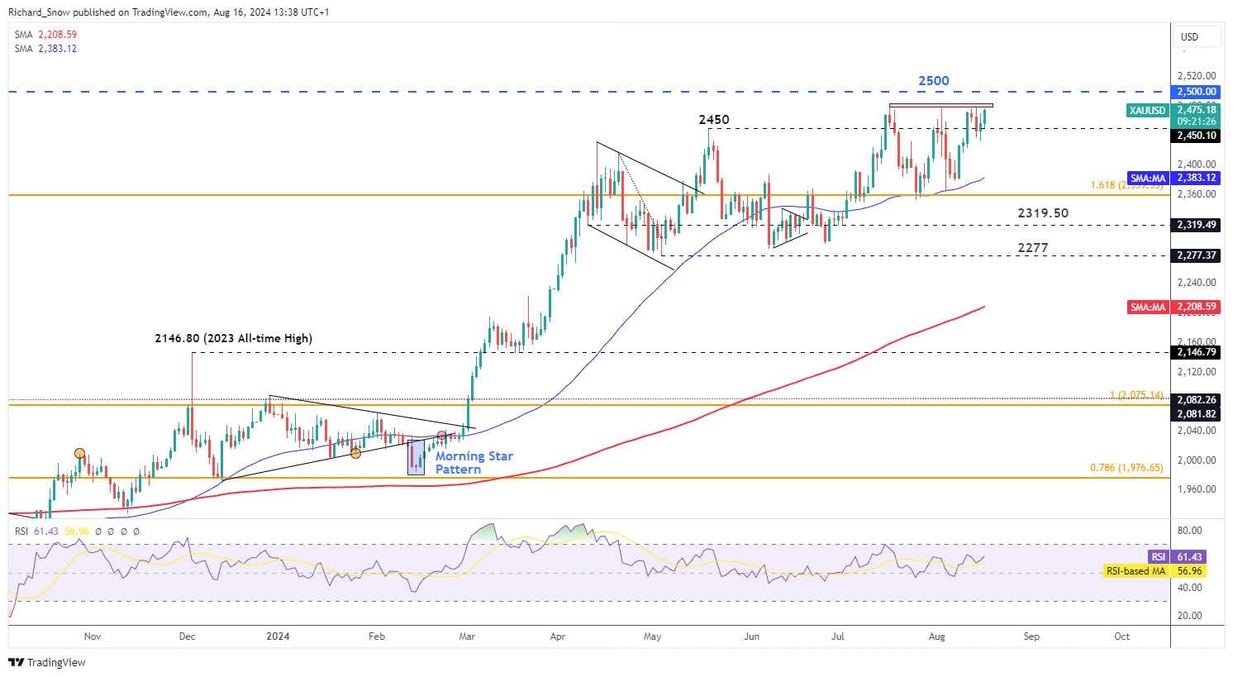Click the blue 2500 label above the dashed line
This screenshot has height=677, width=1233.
pyautogui.click(x=933, y=81)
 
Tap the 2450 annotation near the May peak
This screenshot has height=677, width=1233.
pyautogui.click(x=713, y=120)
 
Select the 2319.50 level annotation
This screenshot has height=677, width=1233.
pyautogui.click(x=1042, y=213)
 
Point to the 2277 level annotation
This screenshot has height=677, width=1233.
pyautogui.click(x=1032, y=248)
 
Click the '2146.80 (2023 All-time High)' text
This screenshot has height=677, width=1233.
pyautogui.click(x=233, y=338)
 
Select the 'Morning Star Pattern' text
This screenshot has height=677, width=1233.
pyautogui.click(x=474, y=463)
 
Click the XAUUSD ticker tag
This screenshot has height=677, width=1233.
pyautogui.click(x=1148, y=111)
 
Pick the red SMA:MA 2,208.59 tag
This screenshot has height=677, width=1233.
pyautogui.click(x=1148, y=308)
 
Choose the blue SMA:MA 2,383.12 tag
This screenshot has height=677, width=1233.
pyautogui.click(x=1148, y=179)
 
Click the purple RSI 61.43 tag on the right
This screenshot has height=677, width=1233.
pyautogui.click(x=1158, y=557)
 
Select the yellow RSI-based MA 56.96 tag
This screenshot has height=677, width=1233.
pyautogui.click(x=1135, y=571)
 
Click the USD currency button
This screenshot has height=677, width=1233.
pyautogui.click(x=1189, y=37)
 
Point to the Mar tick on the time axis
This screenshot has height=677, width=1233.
pyautogui.click(x=467, y=636)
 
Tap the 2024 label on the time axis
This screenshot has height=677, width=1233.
pyautogui.click(x=278, y=636)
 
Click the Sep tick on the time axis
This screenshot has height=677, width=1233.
pyautogui.click(x=1031, y=636)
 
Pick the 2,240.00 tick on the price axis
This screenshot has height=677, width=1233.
pyautogui.click(x=1197, y=283)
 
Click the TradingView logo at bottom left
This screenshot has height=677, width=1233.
pyautogui.click(x=47, y=663)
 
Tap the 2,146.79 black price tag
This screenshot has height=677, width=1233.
pyautogui.click(x=1197, y=352)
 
